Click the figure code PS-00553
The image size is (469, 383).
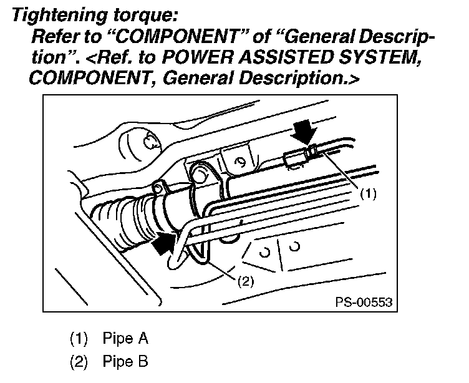click(x=364, y=301)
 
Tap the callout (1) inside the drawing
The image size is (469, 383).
click(x=368, y=194)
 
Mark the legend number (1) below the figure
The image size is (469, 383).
click(x=78, y=339)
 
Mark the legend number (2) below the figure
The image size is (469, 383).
click(x=78, y=361)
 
